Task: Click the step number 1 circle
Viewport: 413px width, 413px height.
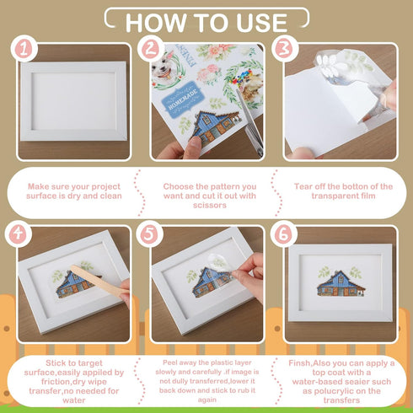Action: tap(25, 49)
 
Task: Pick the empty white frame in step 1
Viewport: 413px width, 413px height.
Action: tap(72, 101)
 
